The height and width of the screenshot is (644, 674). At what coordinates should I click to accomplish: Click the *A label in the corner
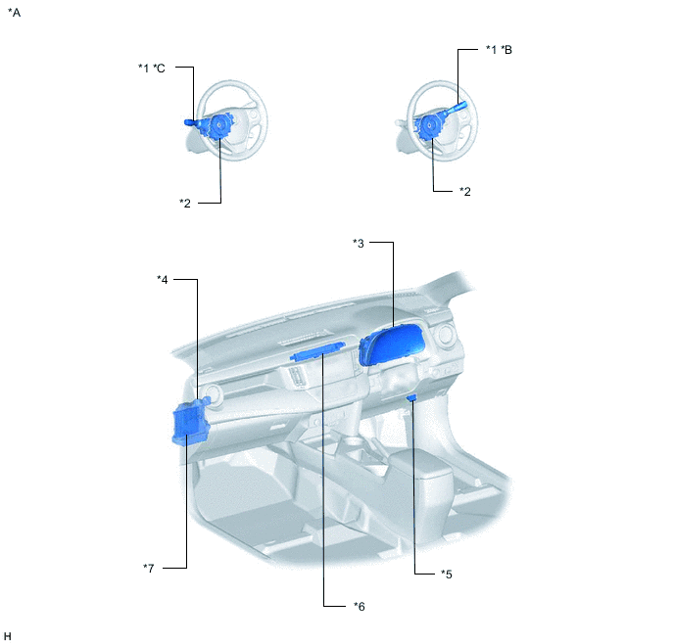14,13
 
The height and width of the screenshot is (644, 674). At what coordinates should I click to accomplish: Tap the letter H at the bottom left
7,636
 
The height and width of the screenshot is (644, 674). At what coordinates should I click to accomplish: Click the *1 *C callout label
151,68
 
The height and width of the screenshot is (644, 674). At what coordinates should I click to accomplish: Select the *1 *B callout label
499,49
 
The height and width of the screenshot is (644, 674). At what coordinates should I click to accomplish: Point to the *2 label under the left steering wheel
185,203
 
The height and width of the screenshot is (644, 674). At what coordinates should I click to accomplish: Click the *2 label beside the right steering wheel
465,191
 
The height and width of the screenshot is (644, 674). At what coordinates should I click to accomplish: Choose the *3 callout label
359,243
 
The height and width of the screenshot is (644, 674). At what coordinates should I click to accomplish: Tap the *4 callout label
162,280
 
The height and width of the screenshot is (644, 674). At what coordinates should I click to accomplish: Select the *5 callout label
446,574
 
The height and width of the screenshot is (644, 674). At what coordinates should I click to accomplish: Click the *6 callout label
359,606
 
